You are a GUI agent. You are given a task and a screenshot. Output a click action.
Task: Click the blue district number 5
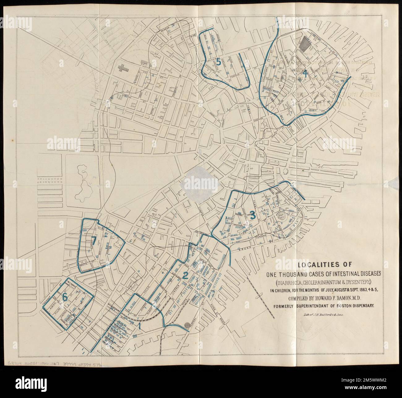tap(218, 62)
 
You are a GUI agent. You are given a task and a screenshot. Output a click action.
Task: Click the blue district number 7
tap(94, 240)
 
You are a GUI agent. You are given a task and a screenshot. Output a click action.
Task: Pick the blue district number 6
tap(65, 297)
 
